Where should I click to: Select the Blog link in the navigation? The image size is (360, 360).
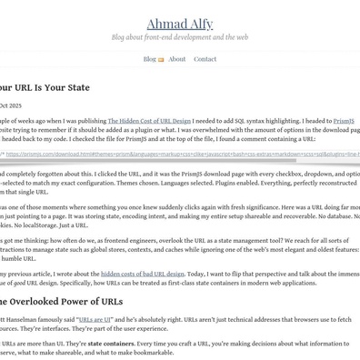(x=149, y=59)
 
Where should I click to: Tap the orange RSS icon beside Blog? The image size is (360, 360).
(x=162, y=60)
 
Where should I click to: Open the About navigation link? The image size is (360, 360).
(x=177, y=59)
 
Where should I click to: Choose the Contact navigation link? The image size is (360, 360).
(x=205, y=59)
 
